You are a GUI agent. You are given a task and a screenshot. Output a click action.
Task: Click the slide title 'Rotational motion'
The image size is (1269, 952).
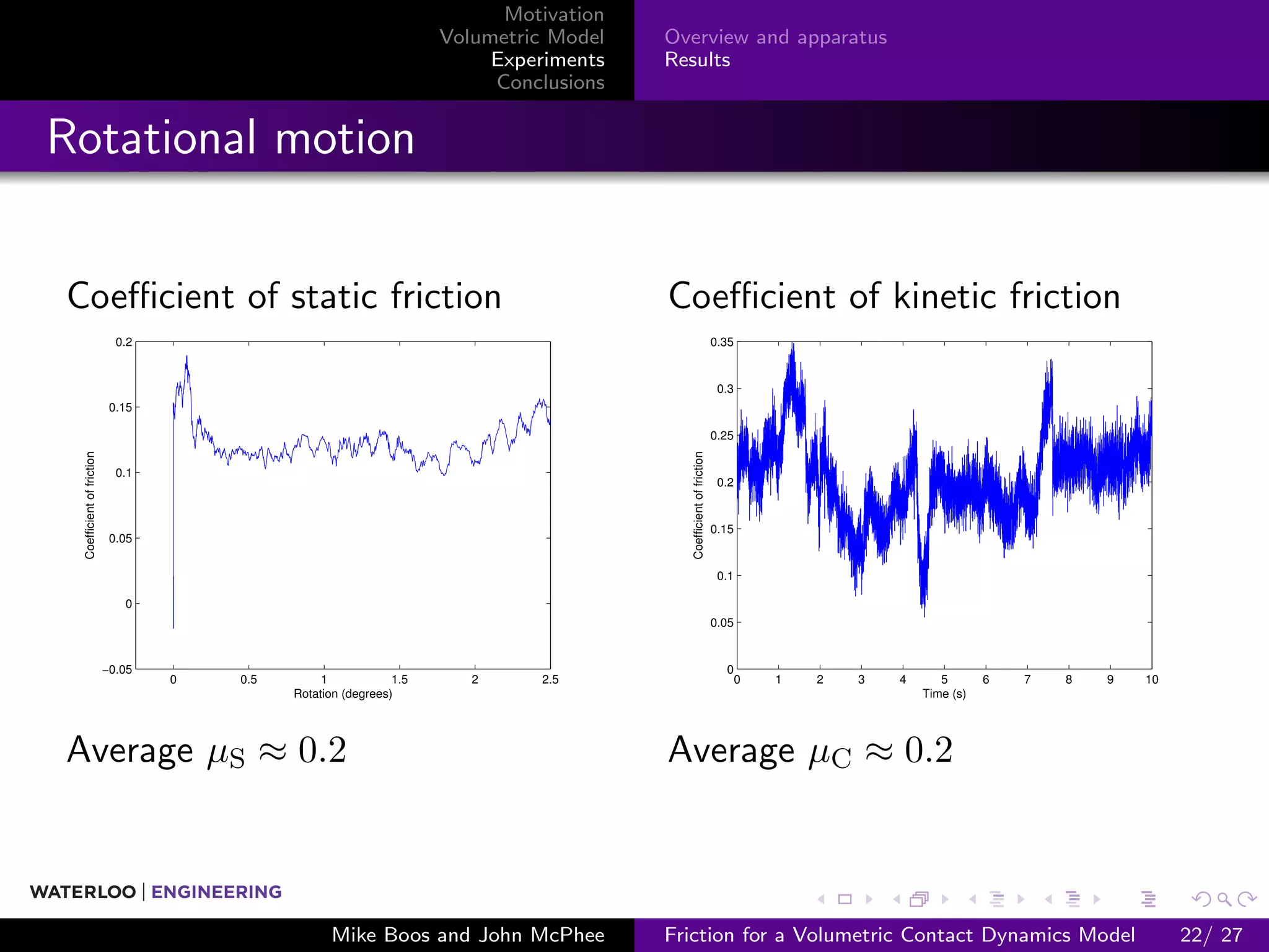pyautogui.click(x=231, y=137)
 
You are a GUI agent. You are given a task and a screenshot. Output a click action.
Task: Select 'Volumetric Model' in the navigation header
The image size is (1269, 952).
pyautogui.click(x=521, y=37)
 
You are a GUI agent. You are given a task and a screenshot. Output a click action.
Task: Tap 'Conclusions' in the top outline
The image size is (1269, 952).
pyautogui.click(x=550, y=82)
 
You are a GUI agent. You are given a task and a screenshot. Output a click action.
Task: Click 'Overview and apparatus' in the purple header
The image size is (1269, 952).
pyautogui.click(x=775, y=37)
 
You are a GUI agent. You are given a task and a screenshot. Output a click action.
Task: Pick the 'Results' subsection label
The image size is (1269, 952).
pyautogui.click(x=697, y=60)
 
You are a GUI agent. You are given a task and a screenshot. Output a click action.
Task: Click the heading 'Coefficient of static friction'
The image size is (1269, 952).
pyautogui.click(x=284, y=296)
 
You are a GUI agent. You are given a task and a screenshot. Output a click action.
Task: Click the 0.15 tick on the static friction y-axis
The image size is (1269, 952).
pyautogui.click(x=120, y=407)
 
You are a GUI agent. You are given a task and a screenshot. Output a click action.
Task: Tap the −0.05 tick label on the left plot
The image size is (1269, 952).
pyautogui.click(x=116, y=669)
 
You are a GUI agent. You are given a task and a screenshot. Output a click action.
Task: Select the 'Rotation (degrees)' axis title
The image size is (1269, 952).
pyautogui.click(x=343, y=694)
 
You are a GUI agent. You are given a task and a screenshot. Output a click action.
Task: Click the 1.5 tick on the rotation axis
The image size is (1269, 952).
pyautogui.click(x=400, y=679)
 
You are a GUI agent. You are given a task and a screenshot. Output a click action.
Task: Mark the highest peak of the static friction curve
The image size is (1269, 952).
pyautogui.click(x=187, y=357)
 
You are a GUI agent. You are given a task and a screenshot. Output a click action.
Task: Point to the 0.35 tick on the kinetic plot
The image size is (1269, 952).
pyautogui.click(x=721, y=342)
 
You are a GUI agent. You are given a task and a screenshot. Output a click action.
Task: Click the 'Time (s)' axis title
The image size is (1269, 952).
pyautogui.click(x=944, y=694)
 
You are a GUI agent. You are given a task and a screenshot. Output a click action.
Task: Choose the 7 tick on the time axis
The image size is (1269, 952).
pyautogui.click(x=1027, y=679)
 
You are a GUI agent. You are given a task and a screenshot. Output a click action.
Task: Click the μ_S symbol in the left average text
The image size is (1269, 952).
pyautogui.click(x=226, y=753)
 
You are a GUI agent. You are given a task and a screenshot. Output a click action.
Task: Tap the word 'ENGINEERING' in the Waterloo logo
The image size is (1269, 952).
pyautogui.click(x=216, y=892)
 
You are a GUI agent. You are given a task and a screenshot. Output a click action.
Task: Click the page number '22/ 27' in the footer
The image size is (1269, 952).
pyautogui.click(x=1211, y=935)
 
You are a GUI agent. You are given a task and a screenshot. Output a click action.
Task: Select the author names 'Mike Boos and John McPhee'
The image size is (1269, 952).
pyautogui.click(x=468, y=935)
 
